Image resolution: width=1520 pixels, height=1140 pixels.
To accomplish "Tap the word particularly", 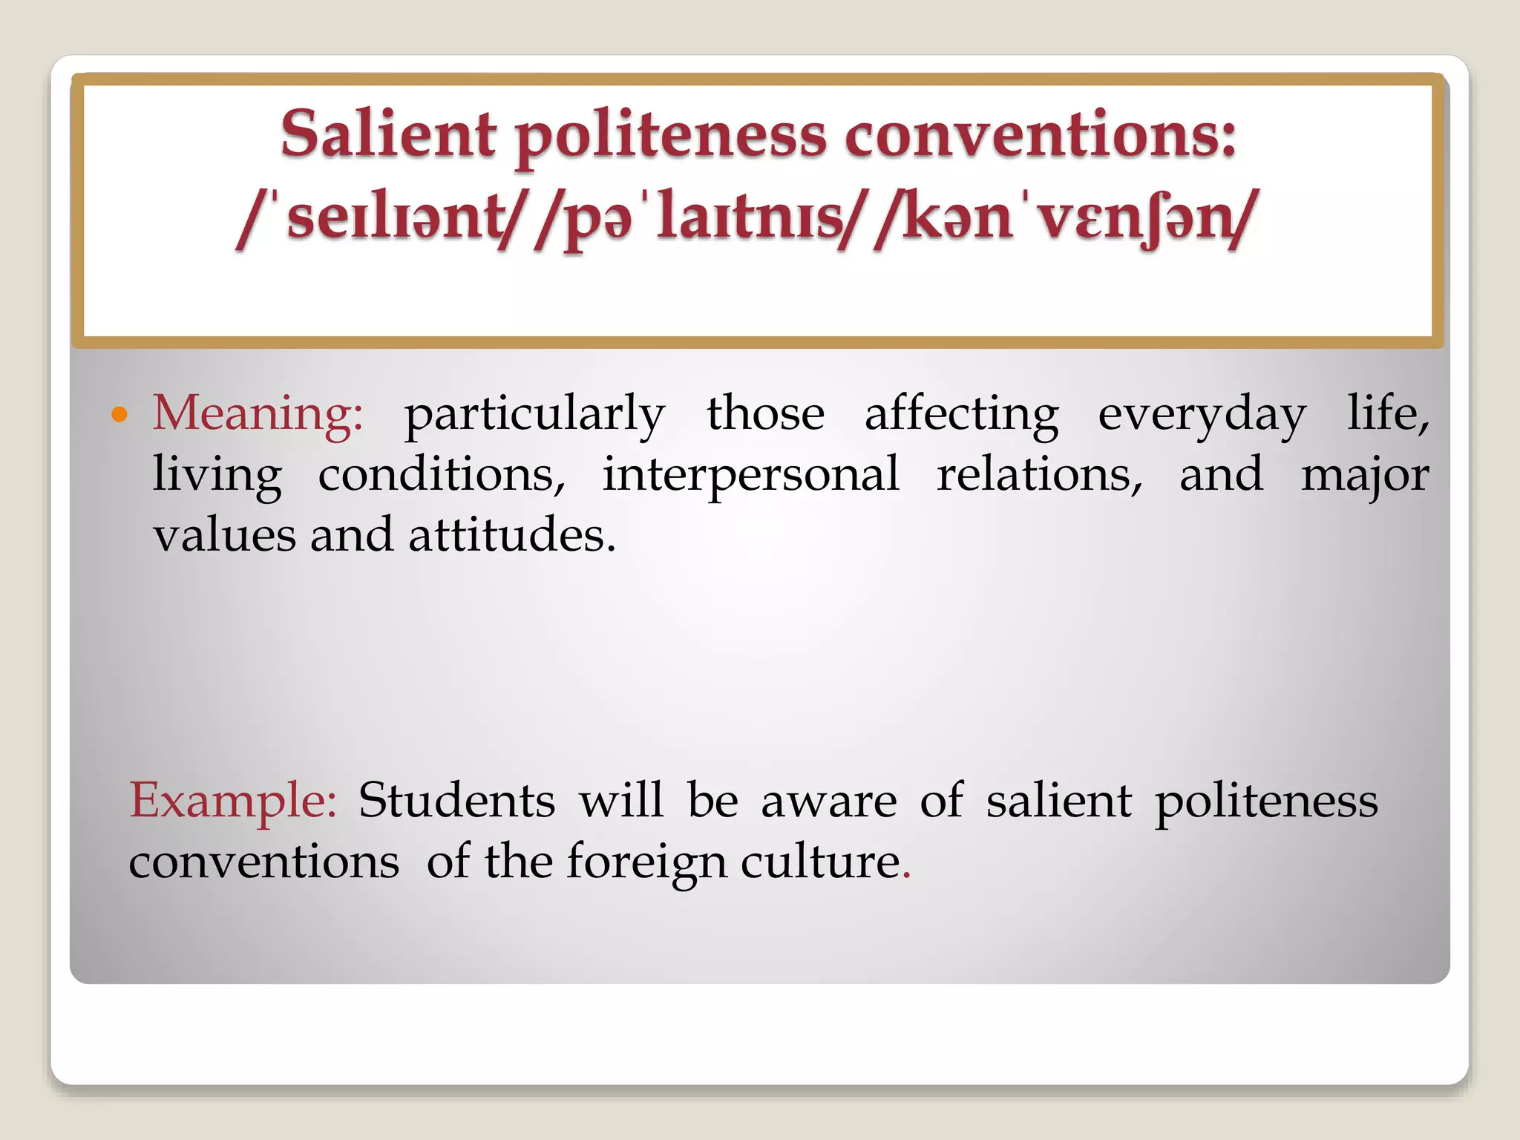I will tap(534, 415).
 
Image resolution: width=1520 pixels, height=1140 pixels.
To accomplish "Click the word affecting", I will tap(962, 415).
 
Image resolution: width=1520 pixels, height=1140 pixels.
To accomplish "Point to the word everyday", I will tap(1202, 415).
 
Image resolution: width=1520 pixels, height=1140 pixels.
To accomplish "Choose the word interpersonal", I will tap(750, 476).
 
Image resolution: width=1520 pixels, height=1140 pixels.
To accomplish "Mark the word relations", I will tap(1039, 474).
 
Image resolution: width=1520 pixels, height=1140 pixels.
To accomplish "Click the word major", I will tap(1365, 476).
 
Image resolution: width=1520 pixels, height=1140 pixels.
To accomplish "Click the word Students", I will tap(456, 800).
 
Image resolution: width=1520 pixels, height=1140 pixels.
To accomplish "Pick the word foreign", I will tap(646, 862).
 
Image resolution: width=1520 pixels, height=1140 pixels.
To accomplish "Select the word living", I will tap(217, 476).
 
